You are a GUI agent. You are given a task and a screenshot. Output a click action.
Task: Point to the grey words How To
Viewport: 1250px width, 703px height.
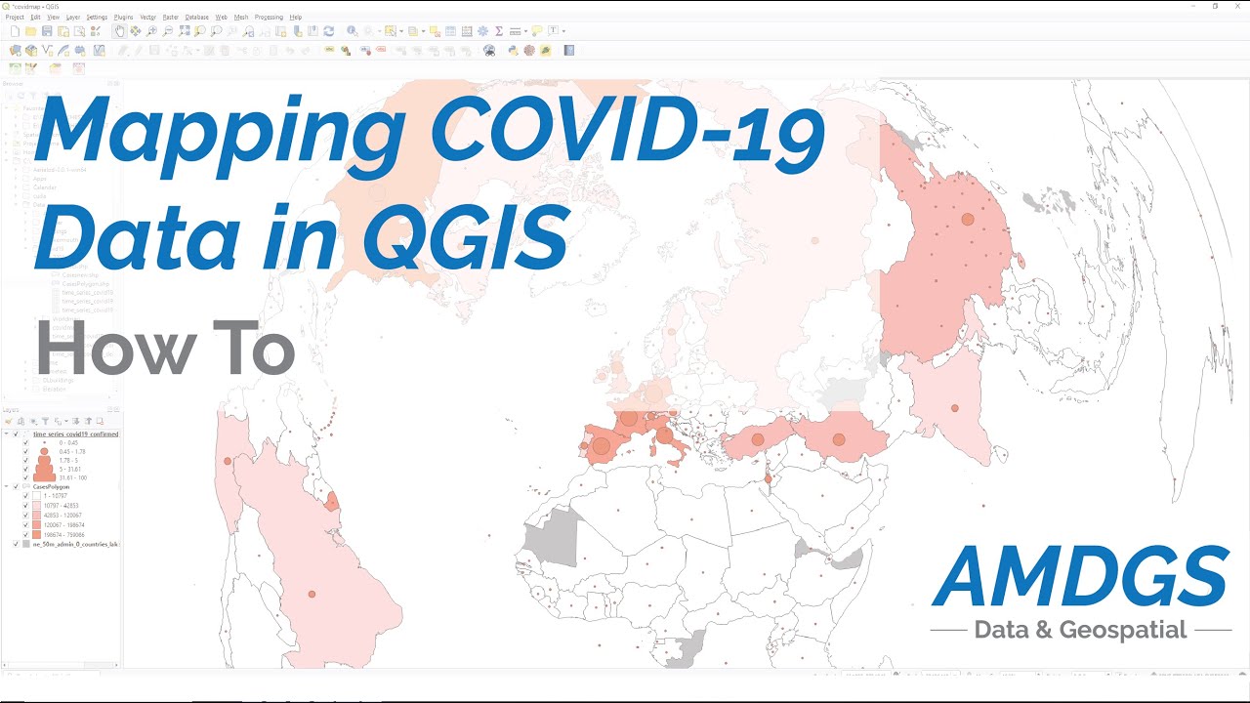[x=165, y=350]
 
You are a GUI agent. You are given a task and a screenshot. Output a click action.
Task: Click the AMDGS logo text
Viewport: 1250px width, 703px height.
[x=1080, y=576]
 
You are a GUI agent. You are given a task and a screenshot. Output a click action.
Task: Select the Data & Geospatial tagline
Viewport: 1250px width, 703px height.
[x=1080, y=630]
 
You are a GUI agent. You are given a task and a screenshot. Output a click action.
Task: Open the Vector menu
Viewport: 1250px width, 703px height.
[x=147, y=17]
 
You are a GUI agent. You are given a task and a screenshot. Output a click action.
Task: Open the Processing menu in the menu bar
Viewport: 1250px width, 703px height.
[x=269, y=17]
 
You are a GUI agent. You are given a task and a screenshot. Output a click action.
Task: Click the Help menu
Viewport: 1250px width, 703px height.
[x=296, y=17]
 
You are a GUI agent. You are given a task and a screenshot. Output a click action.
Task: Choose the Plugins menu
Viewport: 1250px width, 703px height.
[x=123, y=17]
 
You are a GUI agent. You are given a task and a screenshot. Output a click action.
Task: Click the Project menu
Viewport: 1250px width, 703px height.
[x=15, y=17]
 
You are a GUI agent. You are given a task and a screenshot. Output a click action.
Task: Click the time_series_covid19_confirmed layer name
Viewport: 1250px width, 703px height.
[x=75, y=434]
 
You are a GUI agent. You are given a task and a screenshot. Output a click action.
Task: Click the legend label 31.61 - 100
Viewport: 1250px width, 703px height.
[x=72, y=477]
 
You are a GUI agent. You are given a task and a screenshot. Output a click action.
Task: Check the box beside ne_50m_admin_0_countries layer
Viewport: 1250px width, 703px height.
[x=15, y=544]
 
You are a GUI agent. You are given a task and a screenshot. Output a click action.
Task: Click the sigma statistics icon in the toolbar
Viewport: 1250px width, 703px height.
[x=499, y=31]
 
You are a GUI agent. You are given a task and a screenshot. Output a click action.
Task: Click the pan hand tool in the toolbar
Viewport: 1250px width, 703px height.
[x=119, y=31]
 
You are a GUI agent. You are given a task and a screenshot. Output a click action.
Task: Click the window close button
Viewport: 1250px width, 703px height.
[x=1237, y=6]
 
